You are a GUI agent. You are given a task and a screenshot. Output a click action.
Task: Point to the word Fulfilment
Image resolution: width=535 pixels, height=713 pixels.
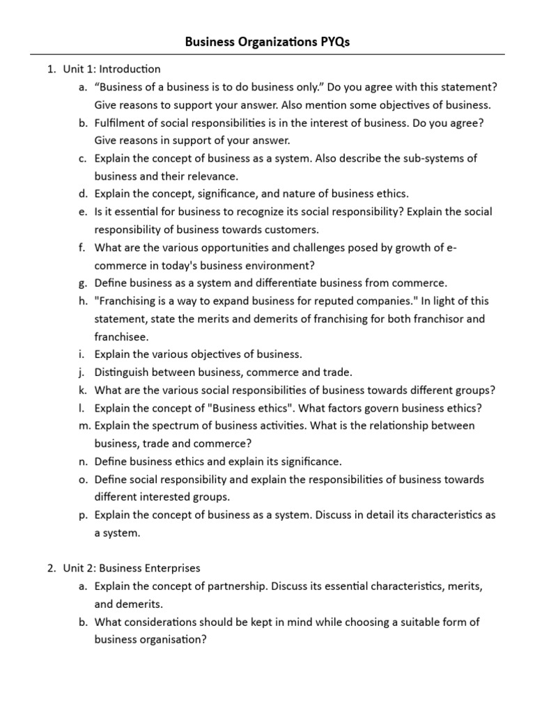pos(121,123)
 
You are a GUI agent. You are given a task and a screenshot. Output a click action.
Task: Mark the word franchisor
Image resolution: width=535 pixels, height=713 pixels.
pos(433,319)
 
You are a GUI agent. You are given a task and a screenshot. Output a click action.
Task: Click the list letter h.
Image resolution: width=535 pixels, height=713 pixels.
pos(83,301)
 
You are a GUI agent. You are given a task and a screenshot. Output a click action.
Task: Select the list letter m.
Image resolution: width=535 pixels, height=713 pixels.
pos(83,425)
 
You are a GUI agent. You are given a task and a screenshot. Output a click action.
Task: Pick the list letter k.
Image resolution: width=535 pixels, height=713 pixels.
pos(83,390)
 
